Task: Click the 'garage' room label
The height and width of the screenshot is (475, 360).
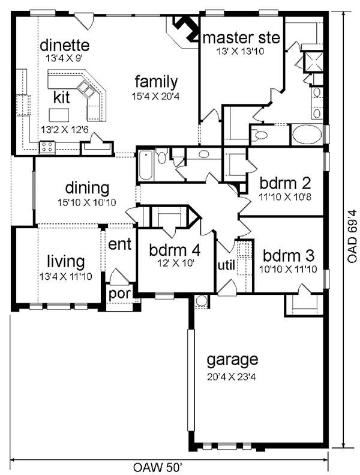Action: [x=232, y=360]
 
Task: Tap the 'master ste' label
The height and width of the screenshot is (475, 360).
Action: [x=241, y=38]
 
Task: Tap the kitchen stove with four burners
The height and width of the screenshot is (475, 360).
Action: [x=47, y=147]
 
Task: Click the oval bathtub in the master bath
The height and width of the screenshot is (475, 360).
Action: [x=308, y=135]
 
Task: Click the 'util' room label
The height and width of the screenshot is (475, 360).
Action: [x=226, y=264]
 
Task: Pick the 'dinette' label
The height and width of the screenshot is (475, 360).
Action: [x=65, y=46]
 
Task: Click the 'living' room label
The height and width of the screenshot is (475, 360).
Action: [x=65, y=262]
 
